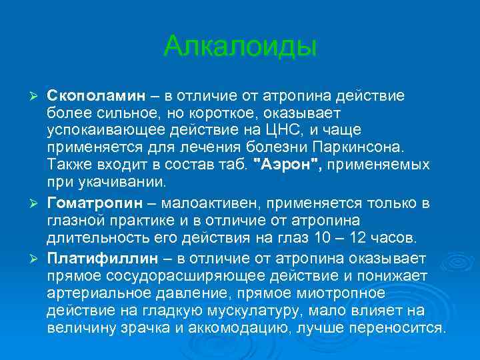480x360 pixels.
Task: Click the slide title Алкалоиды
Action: tap(240, 46)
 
